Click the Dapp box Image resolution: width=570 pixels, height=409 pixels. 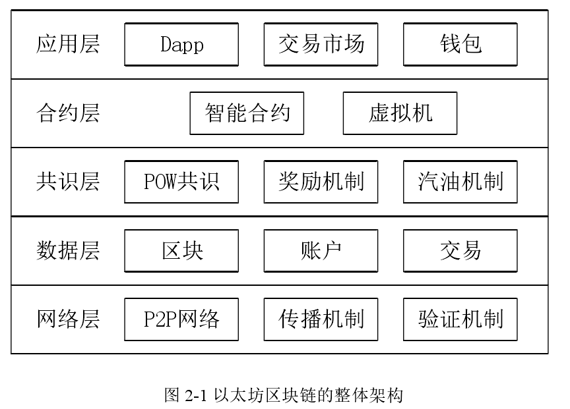181,44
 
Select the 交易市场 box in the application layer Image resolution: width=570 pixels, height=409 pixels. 321,44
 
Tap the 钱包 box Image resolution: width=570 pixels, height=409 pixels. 460,44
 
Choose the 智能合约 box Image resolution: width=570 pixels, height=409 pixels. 247,113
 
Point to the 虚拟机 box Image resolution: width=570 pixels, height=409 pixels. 400,113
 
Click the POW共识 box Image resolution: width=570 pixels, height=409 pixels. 181,181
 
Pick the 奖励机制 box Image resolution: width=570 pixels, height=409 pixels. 321,181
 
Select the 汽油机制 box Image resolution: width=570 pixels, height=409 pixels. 460,181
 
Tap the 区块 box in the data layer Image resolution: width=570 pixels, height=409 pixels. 181,250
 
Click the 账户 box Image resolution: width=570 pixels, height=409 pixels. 321,250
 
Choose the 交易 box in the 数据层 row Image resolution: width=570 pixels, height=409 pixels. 460,250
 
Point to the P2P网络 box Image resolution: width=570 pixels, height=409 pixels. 181,319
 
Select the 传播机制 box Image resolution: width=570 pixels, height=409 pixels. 321,319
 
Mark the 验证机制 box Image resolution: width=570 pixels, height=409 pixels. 460,319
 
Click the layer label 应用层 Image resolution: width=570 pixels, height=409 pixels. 67,44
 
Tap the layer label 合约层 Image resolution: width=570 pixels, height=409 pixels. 67,113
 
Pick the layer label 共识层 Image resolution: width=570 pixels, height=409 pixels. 67,181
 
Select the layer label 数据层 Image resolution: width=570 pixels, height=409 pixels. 67,250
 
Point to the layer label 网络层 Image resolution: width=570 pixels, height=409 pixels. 67,319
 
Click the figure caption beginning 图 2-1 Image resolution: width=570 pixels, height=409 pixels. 283,395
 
